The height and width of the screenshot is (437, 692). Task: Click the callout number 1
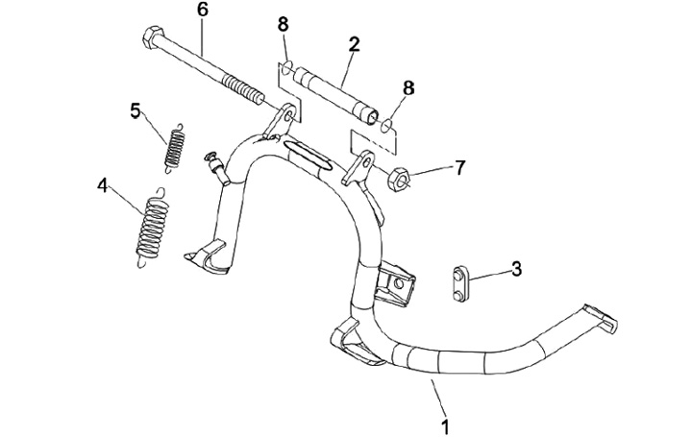(x=444, y=423)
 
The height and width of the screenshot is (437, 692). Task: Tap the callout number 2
(x=354, y=44)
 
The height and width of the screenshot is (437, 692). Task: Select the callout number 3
(x=516, y=268)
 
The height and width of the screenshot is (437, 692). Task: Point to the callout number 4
(x=103, y=184)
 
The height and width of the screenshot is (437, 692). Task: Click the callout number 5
(x=136, y=109)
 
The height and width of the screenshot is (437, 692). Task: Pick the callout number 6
(x=202, y=11)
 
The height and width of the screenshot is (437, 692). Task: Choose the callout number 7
(x=459, y=167)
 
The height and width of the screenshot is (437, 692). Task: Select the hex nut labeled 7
(x=402, y=177)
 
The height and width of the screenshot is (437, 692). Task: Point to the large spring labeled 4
(x=149, y=226)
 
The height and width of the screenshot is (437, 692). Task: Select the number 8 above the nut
(x=408, y=87)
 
